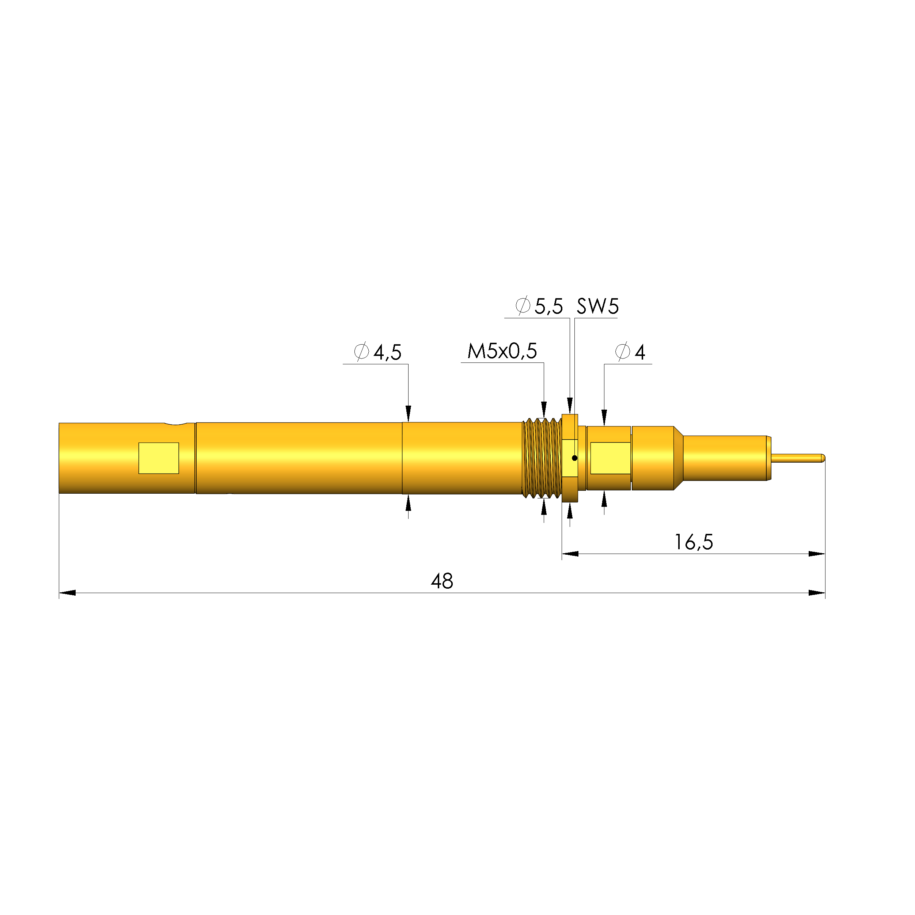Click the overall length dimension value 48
pyautogui.click(x=441, y=581)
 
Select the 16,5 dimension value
pyautogui.click(x=693, y=542)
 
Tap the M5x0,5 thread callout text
pyautogui.click(x=502, y=352)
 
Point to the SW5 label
pyautogui.click(x=597, y=307)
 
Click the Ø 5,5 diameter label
pyautogui.click(x=539, y=307)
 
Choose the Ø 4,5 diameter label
pyautogui.click(x=377, y=352)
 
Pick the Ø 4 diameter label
pyautogui.click(x=630, y=352)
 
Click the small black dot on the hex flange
pyautogui.click(x=574, y=458)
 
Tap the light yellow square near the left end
pyautogui.click(x=159, y=458)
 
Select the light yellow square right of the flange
pyautogui.click(x=610, y=458)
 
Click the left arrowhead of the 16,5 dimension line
pyautogui.click(x=570, y=554)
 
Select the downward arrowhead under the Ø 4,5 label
pyautogui.click(x=408, y=413)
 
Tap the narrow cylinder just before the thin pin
pyautogui.click(x=725, y=458)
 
